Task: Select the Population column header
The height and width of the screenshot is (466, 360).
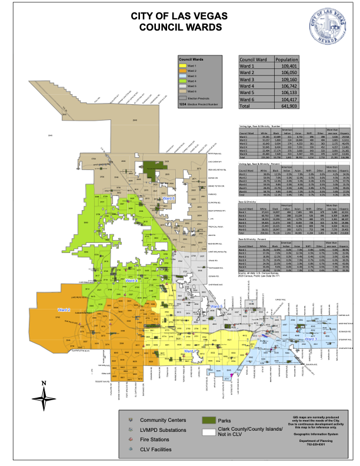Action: (x=286, y=60)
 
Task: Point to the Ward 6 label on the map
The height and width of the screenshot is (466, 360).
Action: (x=169, y=216)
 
